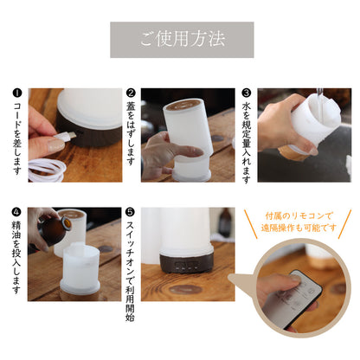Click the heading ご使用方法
tap(182, 39)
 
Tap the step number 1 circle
tap(17, 93)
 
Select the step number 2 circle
tap(131, 93)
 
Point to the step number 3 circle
tap(246, 93)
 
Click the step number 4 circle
tap(16, 212)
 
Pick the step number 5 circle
tap(130, 212)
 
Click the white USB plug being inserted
tap(65, 137)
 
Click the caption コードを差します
tap(17, 138)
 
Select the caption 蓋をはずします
tap(131, 133)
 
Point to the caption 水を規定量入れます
tap(246, 143)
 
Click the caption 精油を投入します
tap(16, 257)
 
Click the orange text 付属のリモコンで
tap(299, 215)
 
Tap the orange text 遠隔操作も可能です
tap(299, 228)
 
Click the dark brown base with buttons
tap(187, 263)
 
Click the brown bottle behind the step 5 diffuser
tap(225, 222)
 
